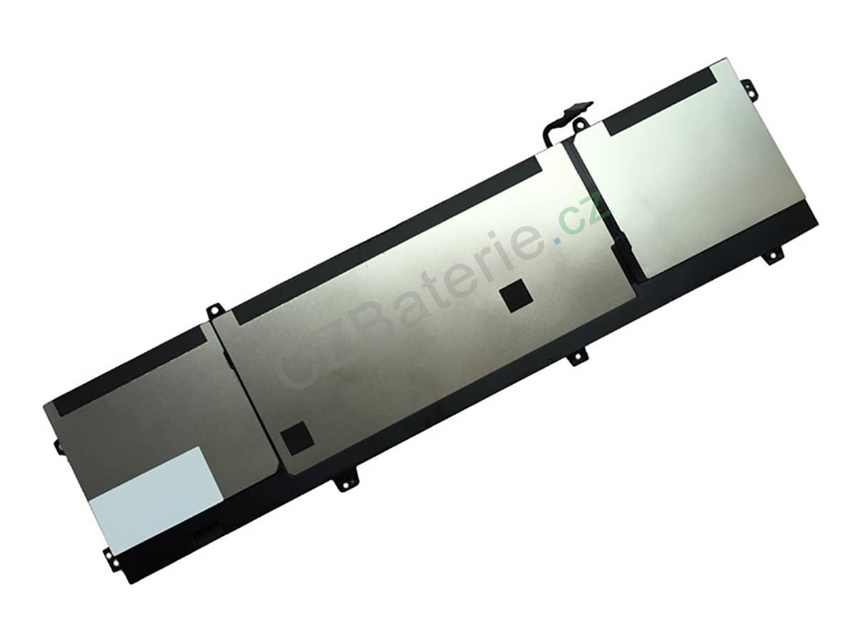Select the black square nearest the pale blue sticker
tap(297, 438)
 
